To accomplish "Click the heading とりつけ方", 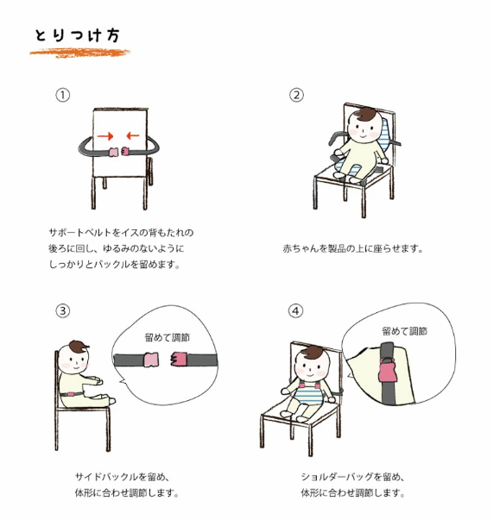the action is coord(77,35).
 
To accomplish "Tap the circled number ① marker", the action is coord(62,95).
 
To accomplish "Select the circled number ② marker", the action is coord(296,95).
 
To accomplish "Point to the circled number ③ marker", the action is coord(62,310).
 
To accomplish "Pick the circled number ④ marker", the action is coord(295,310).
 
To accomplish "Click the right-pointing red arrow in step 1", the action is coord(105,136).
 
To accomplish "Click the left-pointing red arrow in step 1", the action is coord(133,136).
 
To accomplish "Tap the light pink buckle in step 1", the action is coord(112,152).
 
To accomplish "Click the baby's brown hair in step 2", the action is coord(363,114).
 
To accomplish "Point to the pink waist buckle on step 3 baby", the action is coord(71,394).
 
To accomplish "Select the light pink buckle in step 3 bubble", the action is coord(152,360).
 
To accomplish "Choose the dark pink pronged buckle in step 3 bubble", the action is coord(179,360).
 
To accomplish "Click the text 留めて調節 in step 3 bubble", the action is coord(168,338).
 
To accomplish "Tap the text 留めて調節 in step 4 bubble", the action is coord(404,331).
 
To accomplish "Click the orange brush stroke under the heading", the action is coord(79,53).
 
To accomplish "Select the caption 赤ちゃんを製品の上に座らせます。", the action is coord(353,248).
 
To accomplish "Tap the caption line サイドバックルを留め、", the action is coord(122,477).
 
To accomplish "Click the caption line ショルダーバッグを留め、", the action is coord(352,477).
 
